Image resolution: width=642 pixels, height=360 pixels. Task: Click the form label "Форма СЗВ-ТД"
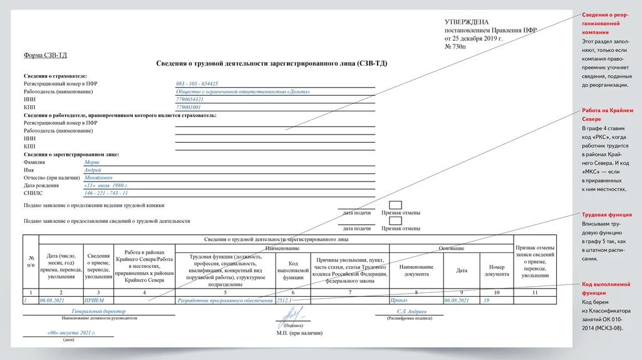click(x=45, y=55)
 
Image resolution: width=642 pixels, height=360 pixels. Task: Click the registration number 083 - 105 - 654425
click(x=197, y=83)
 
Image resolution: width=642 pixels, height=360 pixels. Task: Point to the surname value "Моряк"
click(x=92, y=162)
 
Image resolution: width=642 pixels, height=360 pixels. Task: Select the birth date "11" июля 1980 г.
click(x=106, y=185)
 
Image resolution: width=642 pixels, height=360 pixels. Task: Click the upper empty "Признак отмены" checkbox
click(x=395, y=205)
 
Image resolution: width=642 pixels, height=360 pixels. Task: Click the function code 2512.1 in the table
click(x=284, y=301)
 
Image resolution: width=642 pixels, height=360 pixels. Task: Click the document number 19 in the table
click(x=485, y=301)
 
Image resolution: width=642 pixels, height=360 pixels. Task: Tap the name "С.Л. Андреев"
click(x=411, y=311)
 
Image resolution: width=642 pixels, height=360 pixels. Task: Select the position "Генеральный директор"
click(x=99, y=311)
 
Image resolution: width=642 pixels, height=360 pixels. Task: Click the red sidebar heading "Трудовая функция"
click(x=606, y=215)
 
